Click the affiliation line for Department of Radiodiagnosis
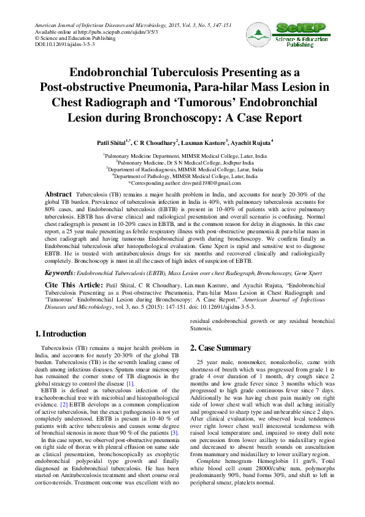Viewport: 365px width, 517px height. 184,169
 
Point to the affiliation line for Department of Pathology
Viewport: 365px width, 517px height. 184,176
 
